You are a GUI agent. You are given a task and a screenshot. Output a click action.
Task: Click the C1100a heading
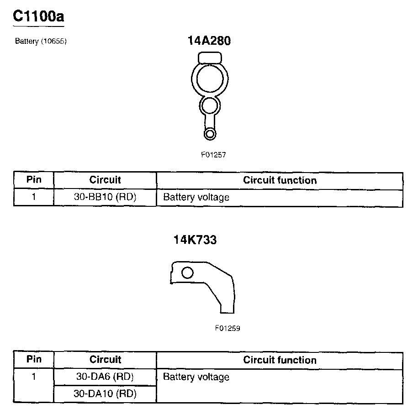click(x=39, y=16)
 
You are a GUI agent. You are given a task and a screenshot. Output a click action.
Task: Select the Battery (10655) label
click(x=41, y=41)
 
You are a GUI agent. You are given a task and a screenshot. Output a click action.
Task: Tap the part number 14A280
click(x=209, y=41)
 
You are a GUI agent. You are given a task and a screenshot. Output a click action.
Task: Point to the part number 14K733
click(x=195, y=240)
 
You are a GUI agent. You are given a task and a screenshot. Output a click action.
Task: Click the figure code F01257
click(x=213, y=155)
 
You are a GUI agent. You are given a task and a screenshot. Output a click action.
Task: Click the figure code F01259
click(x=228, y=328)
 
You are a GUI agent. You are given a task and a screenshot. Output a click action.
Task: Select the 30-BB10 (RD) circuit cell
click(x=105, y=198)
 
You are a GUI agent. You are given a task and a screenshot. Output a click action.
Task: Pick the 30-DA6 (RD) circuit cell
click(x=105, y=377)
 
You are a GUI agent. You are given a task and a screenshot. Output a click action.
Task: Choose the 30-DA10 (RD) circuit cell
click(x=105, y=393)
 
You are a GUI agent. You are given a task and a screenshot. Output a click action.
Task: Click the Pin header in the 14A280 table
click(x=34, y=179)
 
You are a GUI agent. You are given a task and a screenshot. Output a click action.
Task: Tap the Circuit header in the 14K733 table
click(x=105, y=360)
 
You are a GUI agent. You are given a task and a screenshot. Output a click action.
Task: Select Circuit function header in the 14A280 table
click(x=280, y=180)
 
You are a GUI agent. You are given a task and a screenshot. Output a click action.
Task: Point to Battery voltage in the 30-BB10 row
click(x=196, y=198)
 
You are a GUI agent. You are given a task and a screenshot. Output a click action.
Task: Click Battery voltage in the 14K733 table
click(x=196, y=377)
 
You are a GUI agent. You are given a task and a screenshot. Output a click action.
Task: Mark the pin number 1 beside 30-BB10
click(x=34, y=198)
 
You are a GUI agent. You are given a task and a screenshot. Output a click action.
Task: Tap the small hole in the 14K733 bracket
click(x=187, y=273)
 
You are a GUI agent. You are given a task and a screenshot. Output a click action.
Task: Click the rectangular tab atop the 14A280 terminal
click(x=210, y=57)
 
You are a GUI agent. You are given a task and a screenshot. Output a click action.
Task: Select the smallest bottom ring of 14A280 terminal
click(x=210, y=134)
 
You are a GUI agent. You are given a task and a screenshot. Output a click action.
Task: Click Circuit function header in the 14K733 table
click(x=280, y=360)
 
